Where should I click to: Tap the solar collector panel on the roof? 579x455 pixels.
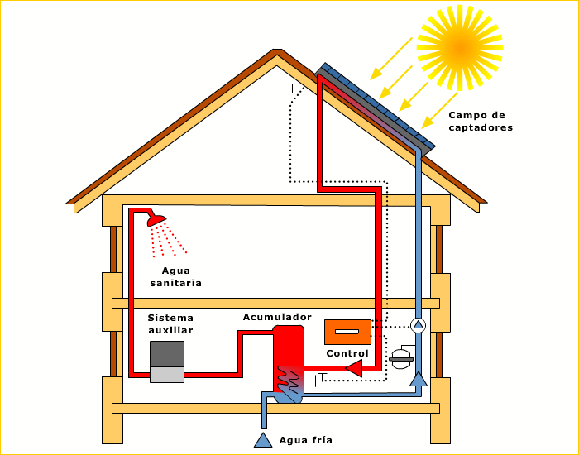pos(376,106)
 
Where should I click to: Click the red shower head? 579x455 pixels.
pos(156,221)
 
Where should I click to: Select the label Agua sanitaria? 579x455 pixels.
pos(175,277)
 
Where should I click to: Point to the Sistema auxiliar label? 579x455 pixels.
pos(170,324)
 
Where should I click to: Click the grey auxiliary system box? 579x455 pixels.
pos(166,362)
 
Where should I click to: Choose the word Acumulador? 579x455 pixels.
pos(277,317)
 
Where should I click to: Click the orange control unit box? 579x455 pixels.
pos(347,332)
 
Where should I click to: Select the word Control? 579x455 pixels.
pos(347,353)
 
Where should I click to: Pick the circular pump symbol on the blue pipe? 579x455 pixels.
pos(419,324)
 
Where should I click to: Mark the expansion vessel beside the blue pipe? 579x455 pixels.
pos(401,358)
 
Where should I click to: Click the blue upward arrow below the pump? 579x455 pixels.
pos(419,379)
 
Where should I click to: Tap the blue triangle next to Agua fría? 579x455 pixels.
pos(263,439)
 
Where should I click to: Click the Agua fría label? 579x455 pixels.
pos(306,440)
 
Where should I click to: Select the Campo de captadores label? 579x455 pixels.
pos(481,122)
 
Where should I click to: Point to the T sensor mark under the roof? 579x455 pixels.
pos(292,88)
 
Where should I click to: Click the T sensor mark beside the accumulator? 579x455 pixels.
pos(322,378)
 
